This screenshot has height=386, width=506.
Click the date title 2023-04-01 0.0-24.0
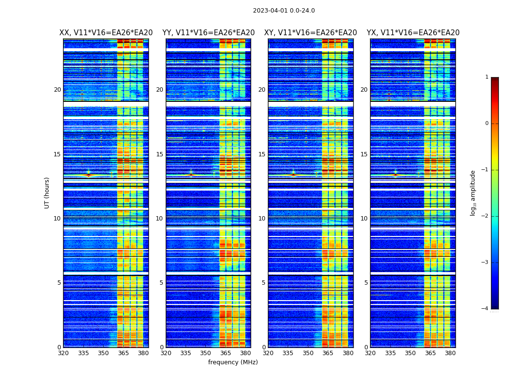[284, 11]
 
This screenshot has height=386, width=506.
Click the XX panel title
[106, 33]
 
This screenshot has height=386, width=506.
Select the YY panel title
[208, 33]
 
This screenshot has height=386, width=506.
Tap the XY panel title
[310, 33]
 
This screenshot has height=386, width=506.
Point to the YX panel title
[413, 33]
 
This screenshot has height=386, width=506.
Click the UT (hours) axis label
[47, 193]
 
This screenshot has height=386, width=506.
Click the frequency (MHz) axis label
[233, 362]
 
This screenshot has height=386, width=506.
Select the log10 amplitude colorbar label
[473, 193]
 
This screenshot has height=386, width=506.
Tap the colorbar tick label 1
[486, 77]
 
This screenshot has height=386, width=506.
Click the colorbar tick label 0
[486, 124]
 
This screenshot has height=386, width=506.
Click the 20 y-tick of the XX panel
[57, 90]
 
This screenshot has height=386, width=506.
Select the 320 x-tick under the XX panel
[63, 353]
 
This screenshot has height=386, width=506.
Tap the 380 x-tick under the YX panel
[450, 353]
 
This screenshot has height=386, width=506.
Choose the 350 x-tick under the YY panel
[206, 353]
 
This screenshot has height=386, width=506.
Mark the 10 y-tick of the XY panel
[262, 219]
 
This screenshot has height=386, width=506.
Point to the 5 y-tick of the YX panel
[366, 283]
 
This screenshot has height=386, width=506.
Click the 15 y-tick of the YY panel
[160, 154]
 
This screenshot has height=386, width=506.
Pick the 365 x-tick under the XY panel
[328, 353]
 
